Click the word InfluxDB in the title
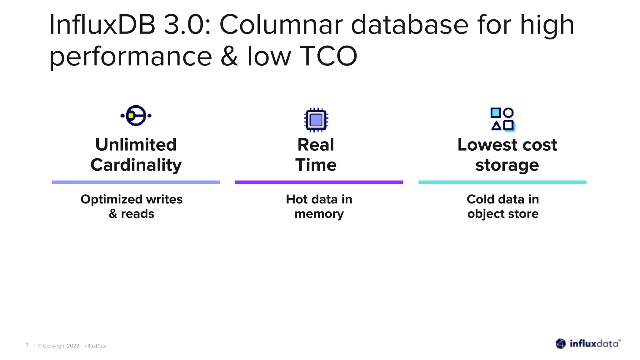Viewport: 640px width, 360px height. (x=102, y=25)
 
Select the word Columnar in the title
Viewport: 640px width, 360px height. (x=281, y=25)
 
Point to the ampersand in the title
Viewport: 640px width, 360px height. (x=229, y=56)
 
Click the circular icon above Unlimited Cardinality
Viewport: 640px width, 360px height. (x=136, y=116)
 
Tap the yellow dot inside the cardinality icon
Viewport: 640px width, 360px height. (x=131, y=116)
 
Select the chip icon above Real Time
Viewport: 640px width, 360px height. (x=316, y=120)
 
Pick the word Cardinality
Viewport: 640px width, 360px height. (x=136, y=165)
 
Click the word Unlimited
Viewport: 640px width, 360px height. (x=136, y=145)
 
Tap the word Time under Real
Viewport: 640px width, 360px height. (x=316, y=165)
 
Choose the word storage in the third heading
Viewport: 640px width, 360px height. (x=507, y=165)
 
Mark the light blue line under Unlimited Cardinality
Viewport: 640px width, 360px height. (x=136, y=182)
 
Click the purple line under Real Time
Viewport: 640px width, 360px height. (x=319, y=182)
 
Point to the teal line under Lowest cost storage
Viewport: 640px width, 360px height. (x=502, y=182)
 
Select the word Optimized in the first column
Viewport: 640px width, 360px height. (x=107, y=199)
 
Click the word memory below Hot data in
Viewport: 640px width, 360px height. (x=319, y=214)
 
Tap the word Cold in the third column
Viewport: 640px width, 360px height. (x=480, y=199)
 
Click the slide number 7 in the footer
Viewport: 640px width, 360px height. (x=27, y=345)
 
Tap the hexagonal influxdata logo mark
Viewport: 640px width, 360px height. (x=561, y=344)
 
